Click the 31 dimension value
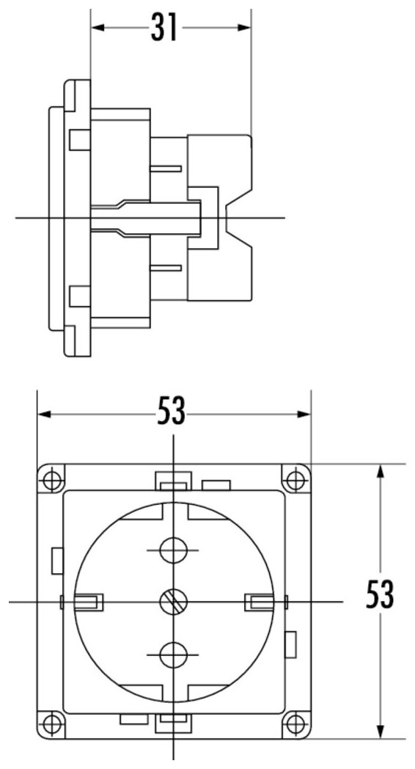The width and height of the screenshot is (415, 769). (164, 27)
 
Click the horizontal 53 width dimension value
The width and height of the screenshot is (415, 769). (172, 410)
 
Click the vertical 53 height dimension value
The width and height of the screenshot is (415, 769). (380, 594)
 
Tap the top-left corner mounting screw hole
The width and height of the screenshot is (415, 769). (51, 479)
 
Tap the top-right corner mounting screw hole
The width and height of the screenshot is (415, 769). (295, 479)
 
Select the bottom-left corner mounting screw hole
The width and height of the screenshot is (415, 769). (51, 724)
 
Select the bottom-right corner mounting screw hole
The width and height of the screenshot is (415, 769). (295, 724)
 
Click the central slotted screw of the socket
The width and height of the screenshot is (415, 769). (174, 602)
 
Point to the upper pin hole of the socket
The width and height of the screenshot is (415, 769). (173, 550)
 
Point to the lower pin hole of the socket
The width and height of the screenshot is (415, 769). (173, 655)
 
